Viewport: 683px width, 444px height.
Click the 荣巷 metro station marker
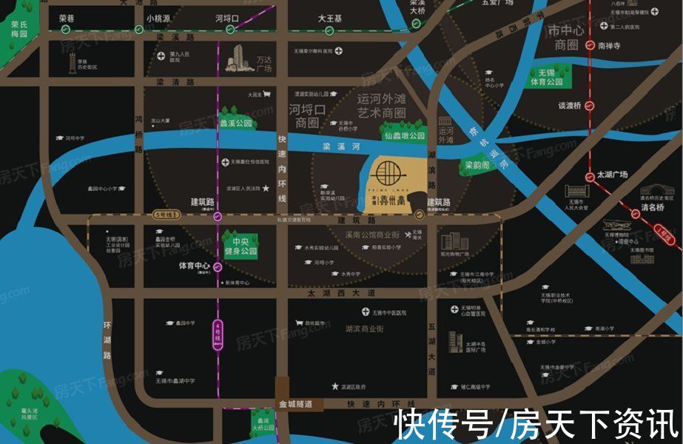point(66,30)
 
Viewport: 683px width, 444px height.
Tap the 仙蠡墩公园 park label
point(405,136)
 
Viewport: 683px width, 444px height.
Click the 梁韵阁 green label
point(477,165)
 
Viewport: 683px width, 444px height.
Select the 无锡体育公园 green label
point(547,77)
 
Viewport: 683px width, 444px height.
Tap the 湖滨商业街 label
point(364,328)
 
